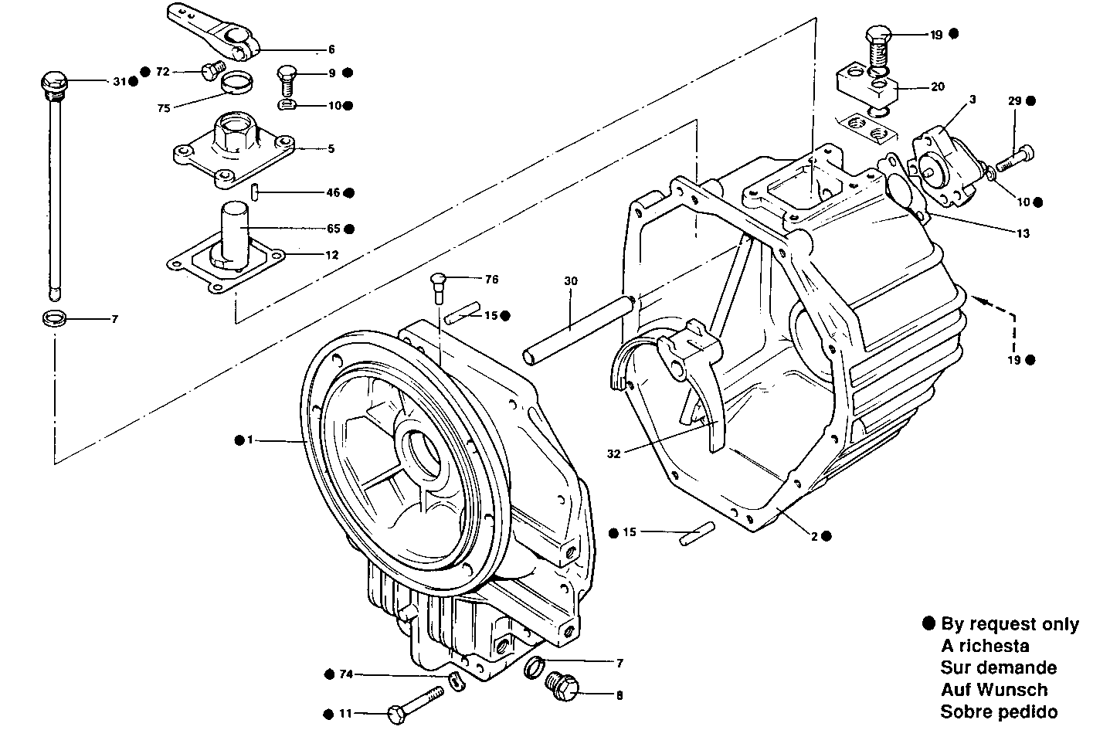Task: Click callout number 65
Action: tap(332, 229)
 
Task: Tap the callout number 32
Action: tap(614, 454)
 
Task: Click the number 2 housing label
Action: tap(813, 535)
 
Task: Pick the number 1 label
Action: tap(249, 440)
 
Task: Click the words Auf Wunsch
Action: tap(993, 689)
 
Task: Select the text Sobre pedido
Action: tap(999, 711)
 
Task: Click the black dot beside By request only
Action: tap(929, 624)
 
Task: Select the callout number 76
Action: tap(491, 279)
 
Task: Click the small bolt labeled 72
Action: tap(209, 72)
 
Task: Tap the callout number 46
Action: tap(332, 192)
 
